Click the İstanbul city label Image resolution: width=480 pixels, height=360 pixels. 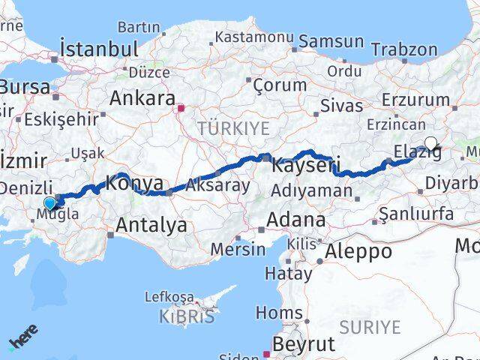point(100,49)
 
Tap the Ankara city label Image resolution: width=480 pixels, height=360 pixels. point(142,97)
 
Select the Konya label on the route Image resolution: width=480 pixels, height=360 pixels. point(134,182)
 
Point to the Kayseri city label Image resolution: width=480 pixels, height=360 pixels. point(306,165)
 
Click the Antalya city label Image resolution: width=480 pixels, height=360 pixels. point(151,224)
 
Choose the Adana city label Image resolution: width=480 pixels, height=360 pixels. point(298,220)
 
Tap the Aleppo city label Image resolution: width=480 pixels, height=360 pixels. point(358,251)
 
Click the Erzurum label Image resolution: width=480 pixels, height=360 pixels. point(409,100)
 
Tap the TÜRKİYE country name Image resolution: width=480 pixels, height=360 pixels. point(233,128)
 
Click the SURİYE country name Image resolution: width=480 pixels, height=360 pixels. point(370,326)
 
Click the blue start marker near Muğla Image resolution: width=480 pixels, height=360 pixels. point(50,202)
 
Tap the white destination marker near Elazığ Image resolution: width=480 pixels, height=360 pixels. point(430,143)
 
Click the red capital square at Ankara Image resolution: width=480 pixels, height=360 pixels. point(181,107)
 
